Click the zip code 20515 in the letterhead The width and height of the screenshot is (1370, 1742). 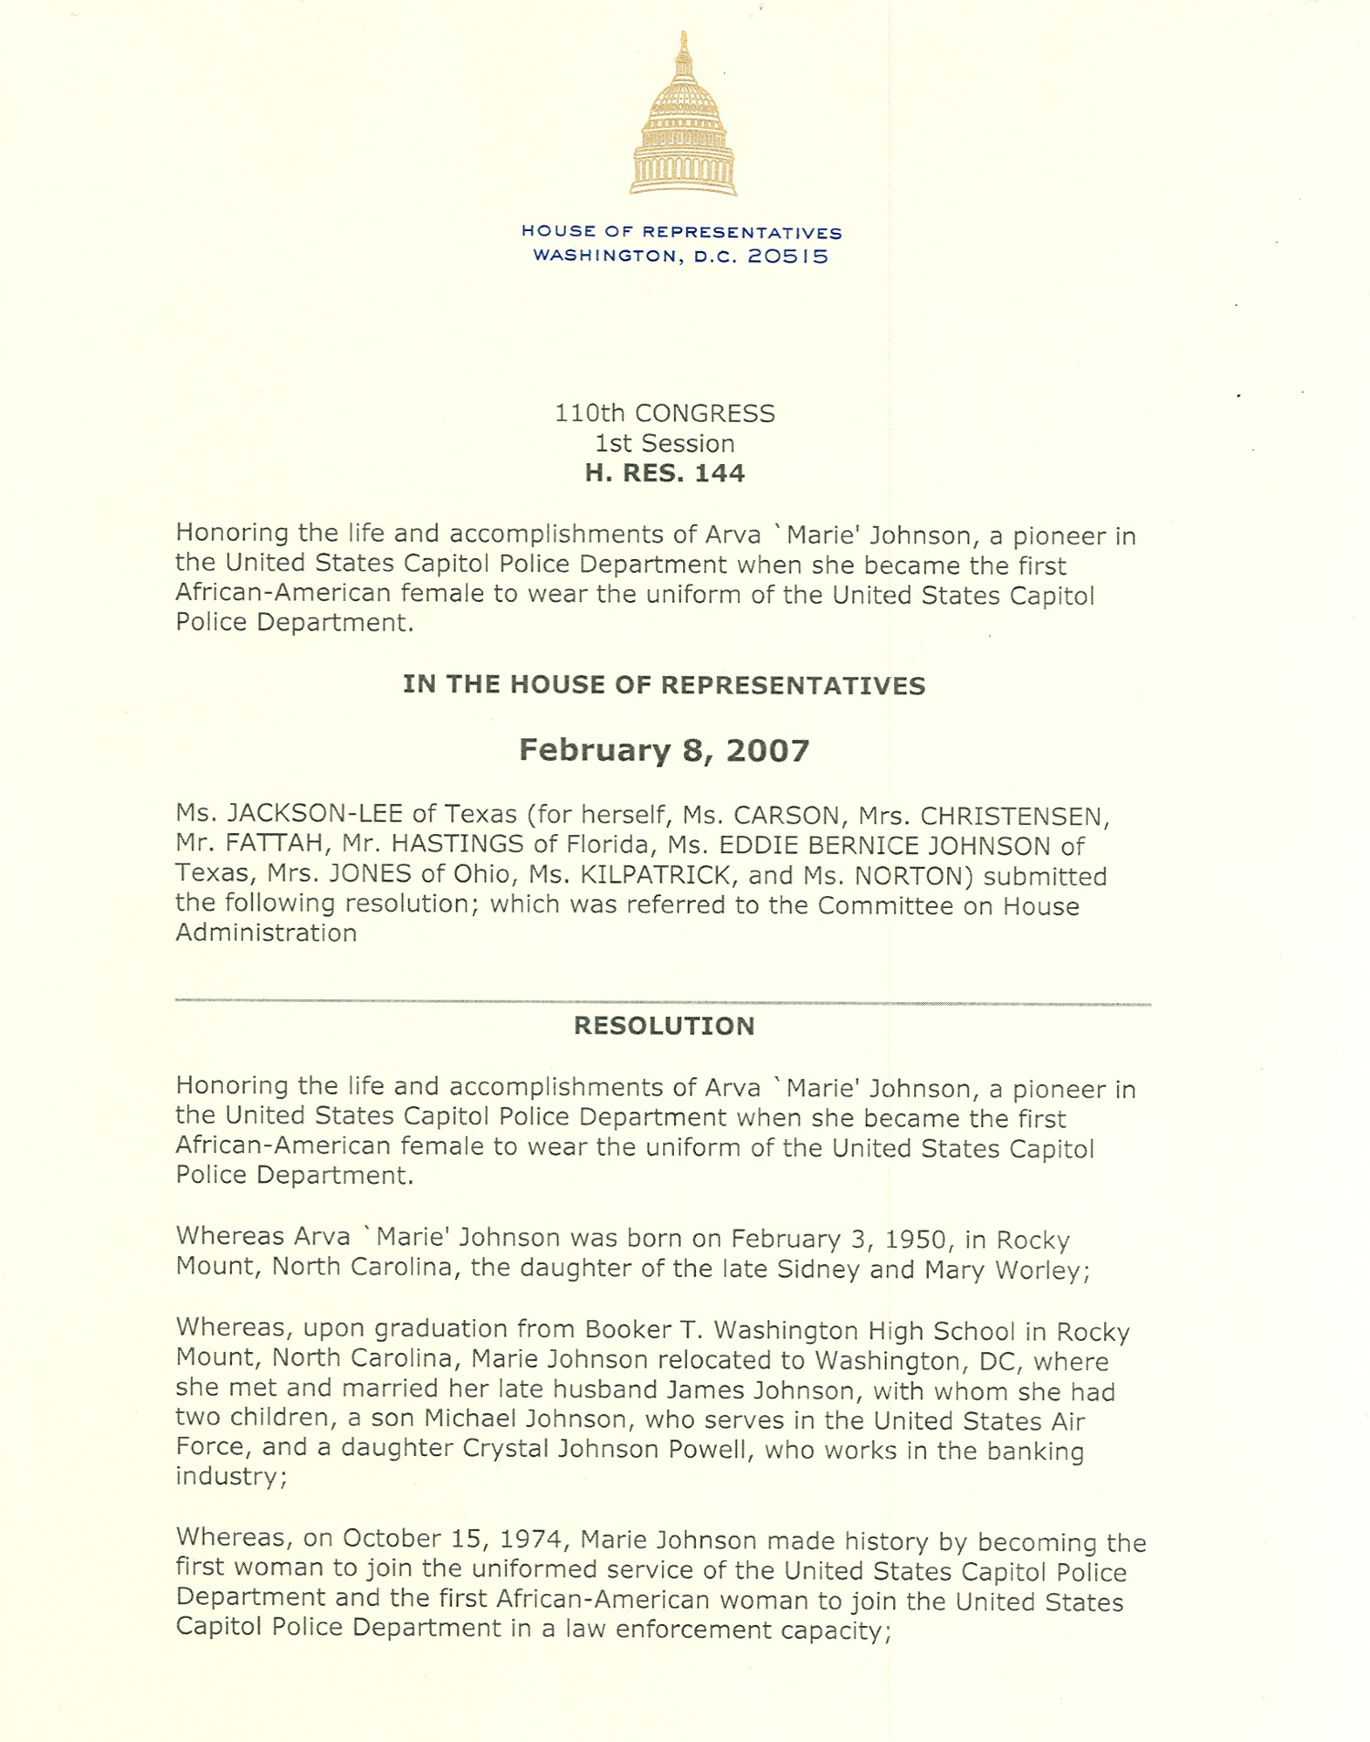[788, 257]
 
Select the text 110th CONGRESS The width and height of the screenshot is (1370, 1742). [665, 414]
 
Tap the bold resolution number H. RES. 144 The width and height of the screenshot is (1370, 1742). [665, 473]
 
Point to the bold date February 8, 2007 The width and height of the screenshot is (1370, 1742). [665, 751]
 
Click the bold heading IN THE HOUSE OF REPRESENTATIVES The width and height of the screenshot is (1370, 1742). [665, 685]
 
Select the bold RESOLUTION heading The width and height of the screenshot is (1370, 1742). [665, 1026]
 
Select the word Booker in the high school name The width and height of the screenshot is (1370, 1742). [623, 1329]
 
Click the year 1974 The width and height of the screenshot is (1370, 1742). [535, 1539]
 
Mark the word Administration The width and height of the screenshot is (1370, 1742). [266, 933]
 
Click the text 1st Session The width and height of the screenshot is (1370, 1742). [665, 444]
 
